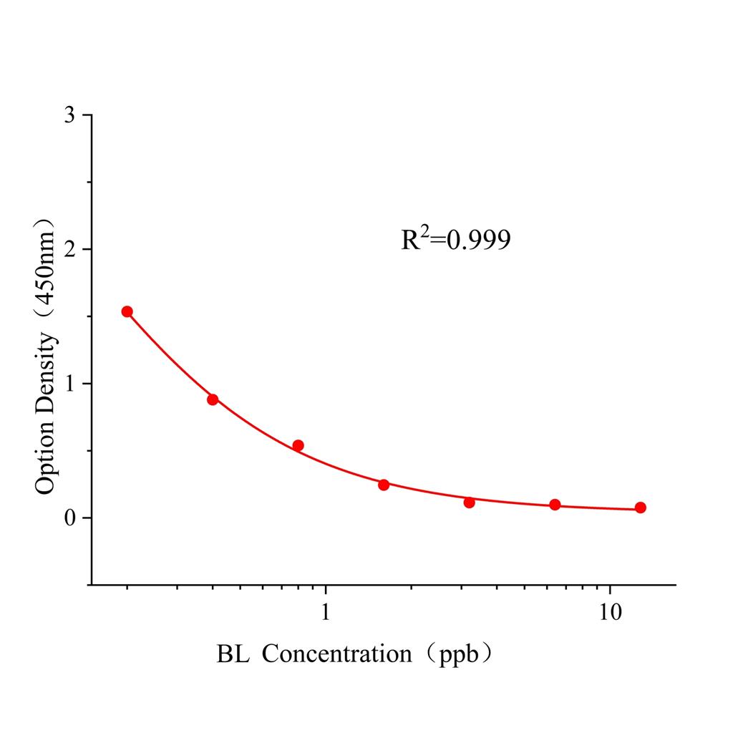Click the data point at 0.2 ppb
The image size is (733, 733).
127,311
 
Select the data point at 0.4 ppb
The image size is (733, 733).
213,399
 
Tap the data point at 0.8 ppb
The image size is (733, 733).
298,445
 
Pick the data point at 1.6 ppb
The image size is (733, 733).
384,485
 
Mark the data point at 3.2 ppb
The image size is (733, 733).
469,503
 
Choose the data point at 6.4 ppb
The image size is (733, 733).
555,505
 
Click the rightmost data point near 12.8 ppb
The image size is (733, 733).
640,508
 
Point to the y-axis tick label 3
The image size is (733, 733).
69,115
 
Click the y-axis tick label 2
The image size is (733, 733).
69,249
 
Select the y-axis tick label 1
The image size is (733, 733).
69,384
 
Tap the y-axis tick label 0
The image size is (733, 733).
69,518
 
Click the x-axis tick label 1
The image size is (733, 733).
326,613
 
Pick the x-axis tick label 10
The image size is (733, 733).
610,613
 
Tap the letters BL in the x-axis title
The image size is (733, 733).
233,654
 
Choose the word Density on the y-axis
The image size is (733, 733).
45,375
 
